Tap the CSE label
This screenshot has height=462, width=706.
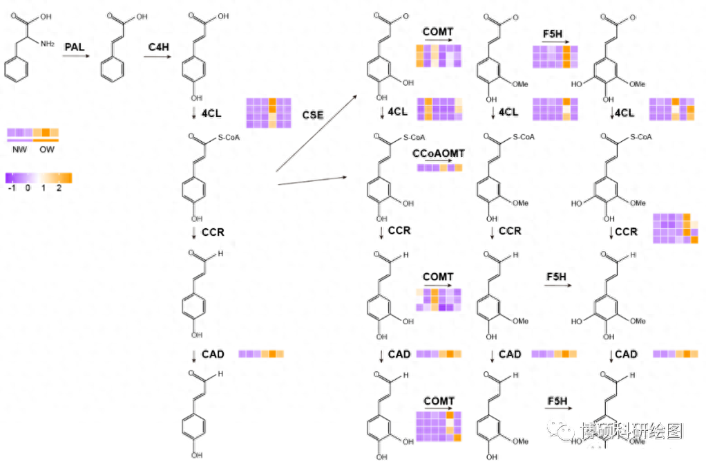pos(313,115)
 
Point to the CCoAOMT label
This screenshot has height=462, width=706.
pos(439,153)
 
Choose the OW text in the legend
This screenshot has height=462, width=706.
pos(47,149)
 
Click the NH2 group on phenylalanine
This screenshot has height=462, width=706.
pos(47,44)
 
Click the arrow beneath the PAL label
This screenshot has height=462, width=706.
pos(76,56)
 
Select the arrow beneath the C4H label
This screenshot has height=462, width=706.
pos(160,57)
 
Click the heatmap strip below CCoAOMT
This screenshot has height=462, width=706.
pos(439,167)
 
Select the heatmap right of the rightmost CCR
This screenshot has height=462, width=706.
pos(676,229)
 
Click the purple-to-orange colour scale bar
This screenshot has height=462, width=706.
pos(39,178)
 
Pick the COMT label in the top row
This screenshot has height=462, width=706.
pos(438,31)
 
